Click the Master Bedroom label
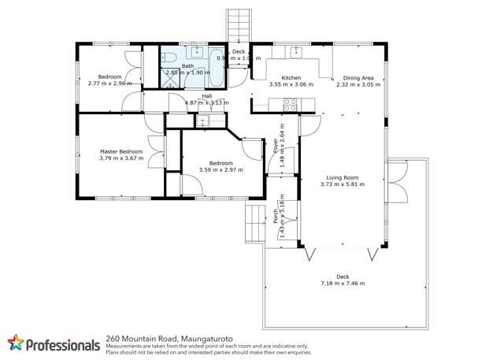click(120, 151)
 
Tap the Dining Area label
click(357, 78)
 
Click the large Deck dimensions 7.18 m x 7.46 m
click(342, 284)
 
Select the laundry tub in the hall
click(204, 121)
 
